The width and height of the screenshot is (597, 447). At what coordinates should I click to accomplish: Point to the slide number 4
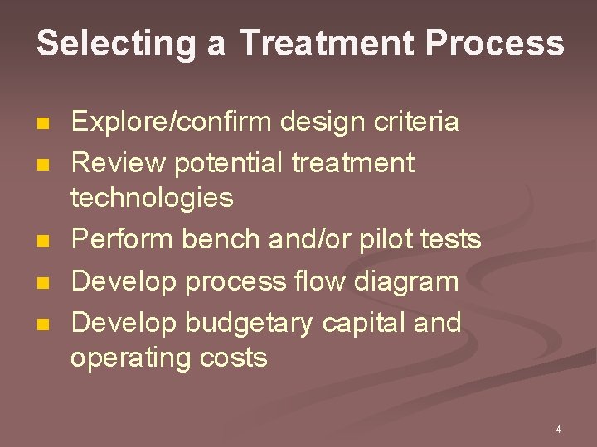pyautogui.click(x=558, y=430)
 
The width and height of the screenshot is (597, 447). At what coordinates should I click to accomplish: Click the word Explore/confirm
pyautogui.click(x=172, y=123)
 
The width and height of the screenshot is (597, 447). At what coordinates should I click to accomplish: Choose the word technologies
pyautogui.click(x=152, y=198)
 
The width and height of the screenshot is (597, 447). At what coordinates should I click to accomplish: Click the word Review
pyautogui.click(x=119, y=162)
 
